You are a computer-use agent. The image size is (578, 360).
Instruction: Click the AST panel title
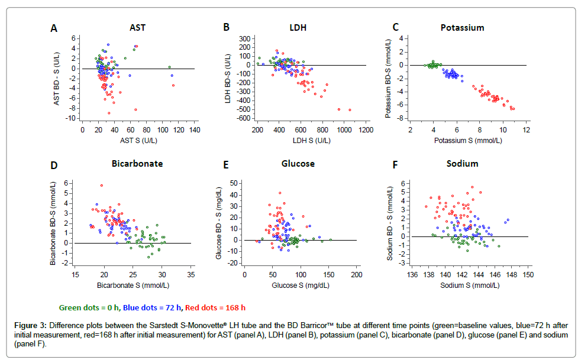click(x=137, y=27)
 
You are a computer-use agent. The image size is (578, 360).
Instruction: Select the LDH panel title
click(x=298, y=27)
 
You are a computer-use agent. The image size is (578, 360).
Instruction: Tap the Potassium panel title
click(x=462, y=27)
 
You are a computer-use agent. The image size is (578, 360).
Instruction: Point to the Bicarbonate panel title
click(x=138, y=163)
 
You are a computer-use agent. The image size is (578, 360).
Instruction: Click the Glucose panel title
click(x=298, y=163)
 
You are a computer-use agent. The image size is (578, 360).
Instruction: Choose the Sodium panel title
click(x=462, y=163)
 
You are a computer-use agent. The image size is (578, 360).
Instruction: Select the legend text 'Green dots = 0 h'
click(x=89, y=307)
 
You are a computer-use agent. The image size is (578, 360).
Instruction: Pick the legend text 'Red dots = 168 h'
click(x=215, y=307)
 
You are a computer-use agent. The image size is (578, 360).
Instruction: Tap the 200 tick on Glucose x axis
click(x=356, y=275)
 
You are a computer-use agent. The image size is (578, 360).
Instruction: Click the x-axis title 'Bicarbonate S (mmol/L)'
click(x=134, y=286)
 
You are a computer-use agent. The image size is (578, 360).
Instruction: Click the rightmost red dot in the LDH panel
click(x=350, y=110)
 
